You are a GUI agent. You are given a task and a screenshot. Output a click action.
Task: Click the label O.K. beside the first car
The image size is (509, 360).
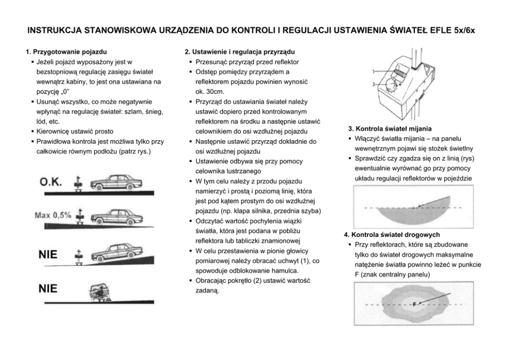pyautogui.click(x=51, y=182)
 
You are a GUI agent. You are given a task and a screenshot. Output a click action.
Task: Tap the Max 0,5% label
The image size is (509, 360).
pyautogui.click(x=53, y=215)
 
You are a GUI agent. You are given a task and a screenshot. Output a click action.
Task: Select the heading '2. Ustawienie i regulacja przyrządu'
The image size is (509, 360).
pyautogui.click(x=239, y=52)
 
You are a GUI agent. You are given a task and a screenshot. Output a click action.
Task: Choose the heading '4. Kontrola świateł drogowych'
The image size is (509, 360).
pyautogui.click(x=391, y=235)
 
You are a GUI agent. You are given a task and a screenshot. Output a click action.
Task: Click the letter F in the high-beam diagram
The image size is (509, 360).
pyautogui.click(x=414, y=304)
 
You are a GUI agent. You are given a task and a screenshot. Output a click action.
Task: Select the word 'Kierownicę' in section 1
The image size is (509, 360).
pyautogui.click(x=52, y=131)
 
